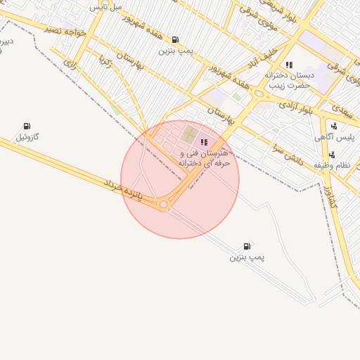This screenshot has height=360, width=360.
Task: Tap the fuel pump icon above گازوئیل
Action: [27, 126]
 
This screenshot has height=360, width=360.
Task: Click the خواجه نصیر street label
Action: [65, 32]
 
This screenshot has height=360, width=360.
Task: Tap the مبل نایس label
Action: [107, 6]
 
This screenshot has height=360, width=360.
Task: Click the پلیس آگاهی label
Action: [343, 138]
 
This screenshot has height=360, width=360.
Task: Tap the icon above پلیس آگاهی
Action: [333, 127]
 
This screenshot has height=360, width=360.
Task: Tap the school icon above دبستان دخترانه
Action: [289, 65]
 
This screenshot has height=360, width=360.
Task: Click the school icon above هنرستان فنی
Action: [204, 142]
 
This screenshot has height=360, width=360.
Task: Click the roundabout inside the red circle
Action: [164, 204]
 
